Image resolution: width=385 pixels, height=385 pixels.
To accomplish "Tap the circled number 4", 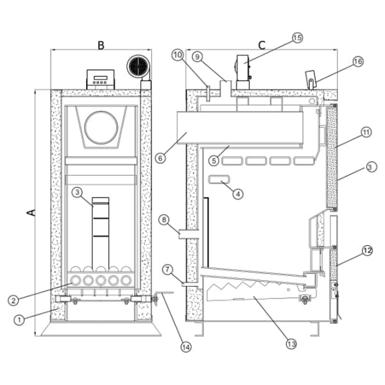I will tap(237, 193).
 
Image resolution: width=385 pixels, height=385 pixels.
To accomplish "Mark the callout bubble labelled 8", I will tap(165, 221).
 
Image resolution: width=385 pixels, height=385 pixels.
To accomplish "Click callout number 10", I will tap(178, 55).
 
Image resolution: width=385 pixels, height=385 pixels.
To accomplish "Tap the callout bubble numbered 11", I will tap(366, 133).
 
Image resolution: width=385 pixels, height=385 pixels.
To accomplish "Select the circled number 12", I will tap(366, 251).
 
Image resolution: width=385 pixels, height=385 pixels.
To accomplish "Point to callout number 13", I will tap(291, 345).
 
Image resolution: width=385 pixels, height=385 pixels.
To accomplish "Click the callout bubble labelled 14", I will tap(185, 347).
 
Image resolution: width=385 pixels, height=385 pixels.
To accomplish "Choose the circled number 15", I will tap(296, 38).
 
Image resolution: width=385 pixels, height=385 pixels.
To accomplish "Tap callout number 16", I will tap(357, 62).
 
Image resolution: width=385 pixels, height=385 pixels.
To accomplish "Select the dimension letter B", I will tap(101, 45).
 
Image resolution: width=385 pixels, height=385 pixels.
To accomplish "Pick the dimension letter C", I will tap(261, 45).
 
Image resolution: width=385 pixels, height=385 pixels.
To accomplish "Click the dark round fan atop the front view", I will tap(137, 67).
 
